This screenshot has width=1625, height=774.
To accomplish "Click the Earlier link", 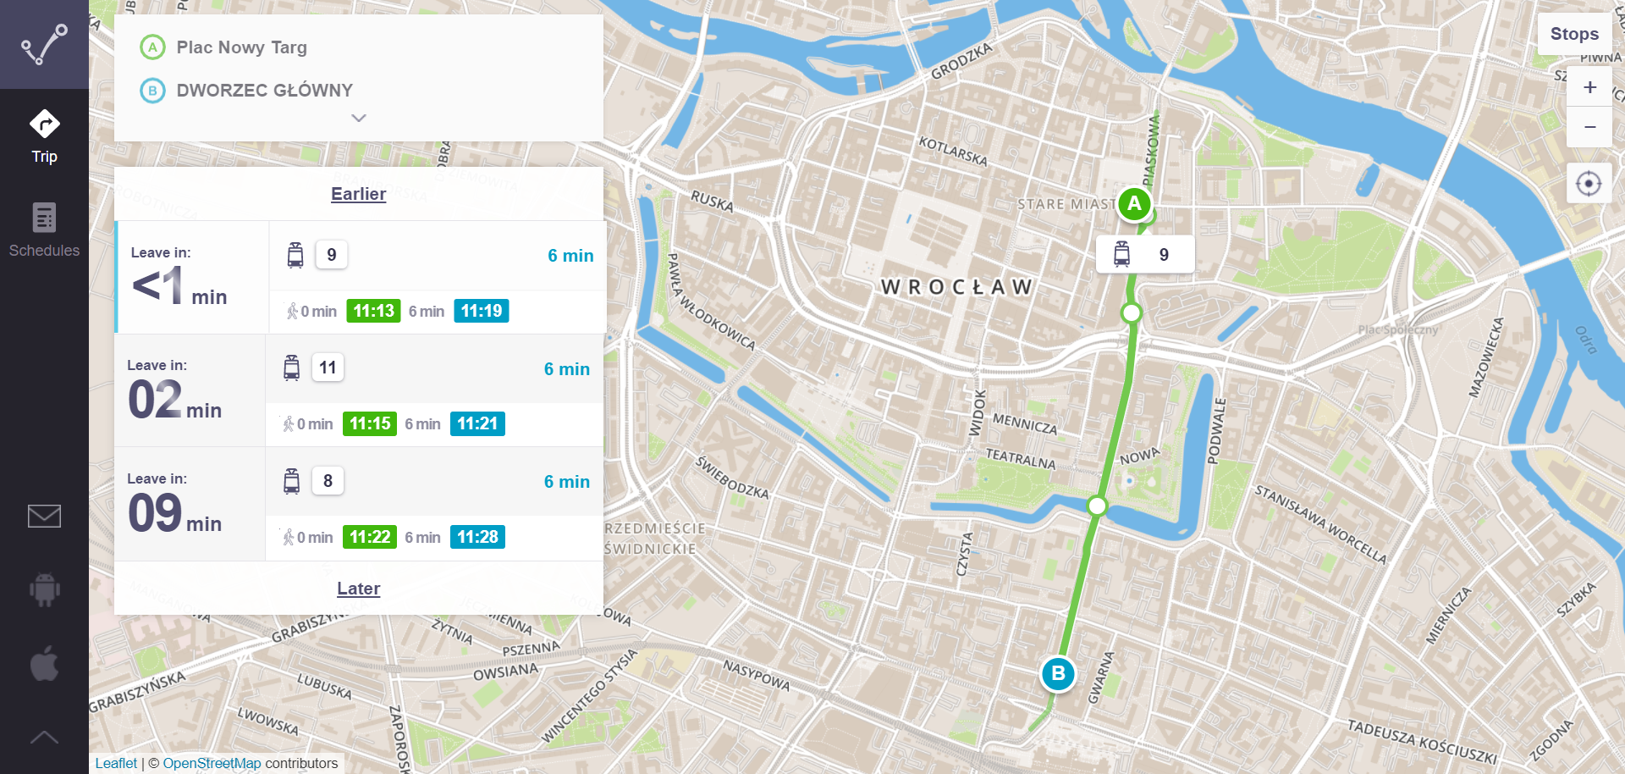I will pos(358,194).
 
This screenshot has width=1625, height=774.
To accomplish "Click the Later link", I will pos(358,589).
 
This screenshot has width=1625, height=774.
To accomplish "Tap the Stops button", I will pos(1574,34).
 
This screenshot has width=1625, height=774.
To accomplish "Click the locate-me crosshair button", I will pos(1589,183).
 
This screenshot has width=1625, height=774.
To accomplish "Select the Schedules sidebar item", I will pos(44,229).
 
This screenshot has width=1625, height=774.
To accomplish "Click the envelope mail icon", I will pos(44,516).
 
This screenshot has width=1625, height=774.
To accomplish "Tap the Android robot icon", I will pos(44,589).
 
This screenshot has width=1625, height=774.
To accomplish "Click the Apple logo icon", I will pos(44,662).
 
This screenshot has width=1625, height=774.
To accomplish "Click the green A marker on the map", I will pos(1134,204).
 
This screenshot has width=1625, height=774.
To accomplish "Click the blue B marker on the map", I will pos(1058,674).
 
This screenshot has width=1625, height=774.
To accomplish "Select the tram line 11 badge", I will pos(328,368).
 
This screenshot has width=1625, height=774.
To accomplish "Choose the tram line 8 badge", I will pos(328,481).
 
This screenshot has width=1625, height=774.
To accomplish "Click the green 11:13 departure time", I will pos(373,311).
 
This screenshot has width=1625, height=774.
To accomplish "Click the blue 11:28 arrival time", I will pos(477,537).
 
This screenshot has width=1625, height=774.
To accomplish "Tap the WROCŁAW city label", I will pos(956,287).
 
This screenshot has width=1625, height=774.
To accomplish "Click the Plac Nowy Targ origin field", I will pos(242,47).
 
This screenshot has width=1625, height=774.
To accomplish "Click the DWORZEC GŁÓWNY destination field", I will pos(264,90).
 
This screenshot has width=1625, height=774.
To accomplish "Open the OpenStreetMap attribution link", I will pos(212,763).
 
